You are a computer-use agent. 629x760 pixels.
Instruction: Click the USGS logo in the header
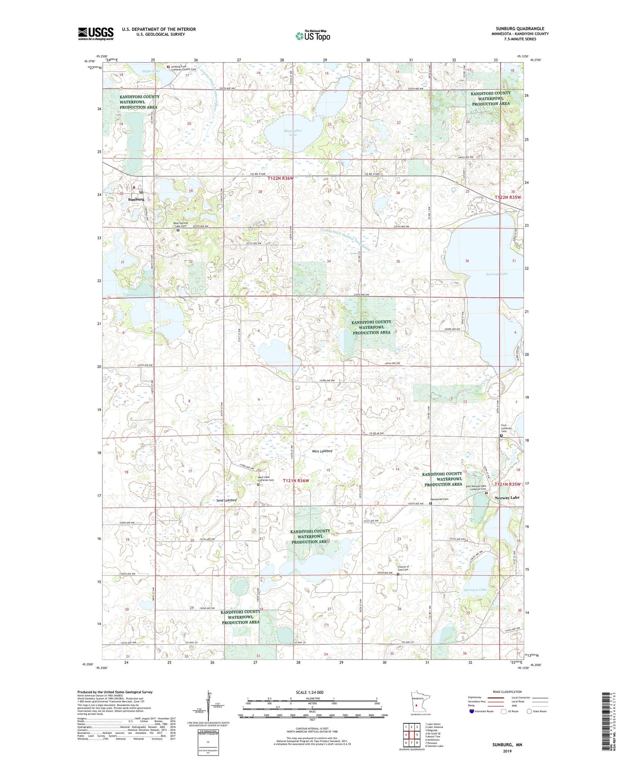pos(95,34)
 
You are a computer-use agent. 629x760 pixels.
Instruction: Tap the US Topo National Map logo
pos(313,35)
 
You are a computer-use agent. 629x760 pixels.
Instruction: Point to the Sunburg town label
pos(136,199)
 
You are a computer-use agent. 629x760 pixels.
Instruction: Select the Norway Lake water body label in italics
pos(497,274)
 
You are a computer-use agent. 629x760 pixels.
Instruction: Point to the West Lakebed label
pos(322,451)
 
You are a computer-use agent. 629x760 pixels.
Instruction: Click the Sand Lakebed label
pos(226,501)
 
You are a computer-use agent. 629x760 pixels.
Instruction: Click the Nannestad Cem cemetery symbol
pos(431,504)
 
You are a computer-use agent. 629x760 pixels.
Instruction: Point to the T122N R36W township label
pos(281,178)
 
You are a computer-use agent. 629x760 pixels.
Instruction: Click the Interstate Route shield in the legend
pos(472,711)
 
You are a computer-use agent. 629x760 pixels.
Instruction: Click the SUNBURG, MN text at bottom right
pos(507,745)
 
